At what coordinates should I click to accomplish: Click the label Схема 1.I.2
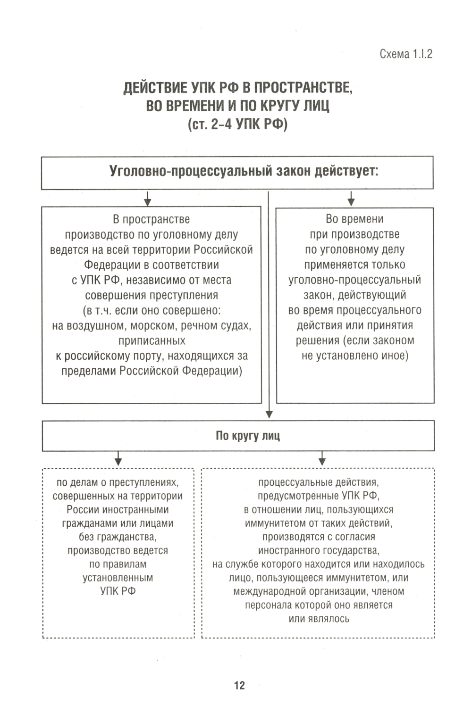click(405, 54)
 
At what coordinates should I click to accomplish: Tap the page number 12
click(239, 685)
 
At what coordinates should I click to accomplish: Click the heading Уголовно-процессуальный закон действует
click(244, 171)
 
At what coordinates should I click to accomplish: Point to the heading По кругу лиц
click(247, 435)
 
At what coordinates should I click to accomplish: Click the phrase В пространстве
click(151, 219)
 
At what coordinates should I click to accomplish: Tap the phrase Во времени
click(354, 219)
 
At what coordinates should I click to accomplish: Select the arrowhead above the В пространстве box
click(147, 202)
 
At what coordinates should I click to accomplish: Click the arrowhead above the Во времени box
click(351, 202)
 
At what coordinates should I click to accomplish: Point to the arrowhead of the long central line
click(269, 414)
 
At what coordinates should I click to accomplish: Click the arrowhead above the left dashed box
click(118, 461)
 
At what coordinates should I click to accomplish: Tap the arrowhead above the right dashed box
click(322, 461)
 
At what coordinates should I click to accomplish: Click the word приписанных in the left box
click(152, 340)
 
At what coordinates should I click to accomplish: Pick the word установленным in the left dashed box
click(118, 578)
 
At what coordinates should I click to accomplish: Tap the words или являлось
click(319, 619)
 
